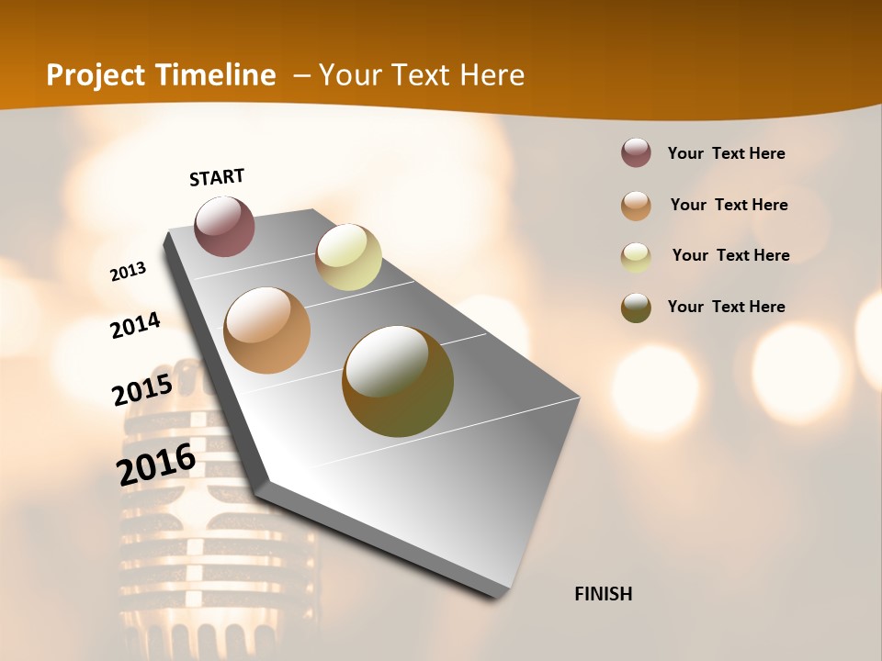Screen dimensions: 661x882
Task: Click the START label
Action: (217, 177)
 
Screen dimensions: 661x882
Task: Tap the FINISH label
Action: (604, 594)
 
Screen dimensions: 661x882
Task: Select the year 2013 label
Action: (128, 272)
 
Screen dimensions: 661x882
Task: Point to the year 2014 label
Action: (136, 326)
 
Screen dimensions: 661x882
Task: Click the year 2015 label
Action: (142, 390)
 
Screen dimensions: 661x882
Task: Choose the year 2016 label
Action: (156, 465)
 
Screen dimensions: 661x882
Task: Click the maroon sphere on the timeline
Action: (225, 226)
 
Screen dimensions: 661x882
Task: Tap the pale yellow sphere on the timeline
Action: (348, 257)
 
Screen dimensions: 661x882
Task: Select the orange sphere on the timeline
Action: (267, 330)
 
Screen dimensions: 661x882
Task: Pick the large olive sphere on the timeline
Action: (398, 381)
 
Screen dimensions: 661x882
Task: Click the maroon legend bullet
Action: (636, 153)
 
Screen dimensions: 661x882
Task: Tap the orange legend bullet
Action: (636, 206)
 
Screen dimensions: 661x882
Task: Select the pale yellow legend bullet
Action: (636, 257)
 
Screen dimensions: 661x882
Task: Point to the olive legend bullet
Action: (636, 308)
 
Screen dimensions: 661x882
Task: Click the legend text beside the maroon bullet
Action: (726, 153)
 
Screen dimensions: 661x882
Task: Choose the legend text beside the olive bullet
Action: (726, 307)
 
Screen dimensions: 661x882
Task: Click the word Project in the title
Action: (97, 75)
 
